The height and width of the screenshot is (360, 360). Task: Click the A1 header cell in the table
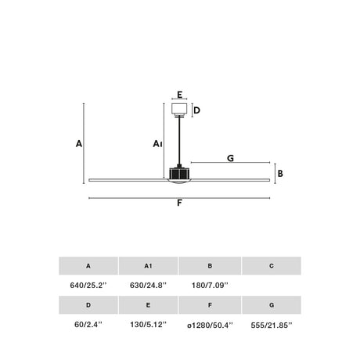coord(148,266)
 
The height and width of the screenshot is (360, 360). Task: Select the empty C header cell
coord(272,266)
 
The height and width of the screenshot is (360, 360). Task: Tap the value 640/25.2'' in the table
coord(88,286)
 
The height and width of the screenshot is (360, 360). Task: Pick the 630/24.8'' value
coord(148,286)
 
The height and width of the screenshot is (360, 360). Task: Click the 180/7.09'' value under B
coord(210,286)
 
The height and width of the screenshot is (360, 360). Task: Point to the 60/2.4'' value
coord(88,325)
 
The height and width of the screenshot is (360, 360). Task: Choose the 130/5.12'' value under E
coord(148,325)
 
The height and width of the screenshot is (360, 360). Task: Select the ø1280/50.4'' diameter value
coord(210,326)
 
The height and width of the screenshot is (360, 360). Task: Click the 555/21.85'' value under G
coord(272,326)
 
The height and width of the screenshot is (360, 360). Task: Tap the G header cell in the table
coord(272,305)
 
